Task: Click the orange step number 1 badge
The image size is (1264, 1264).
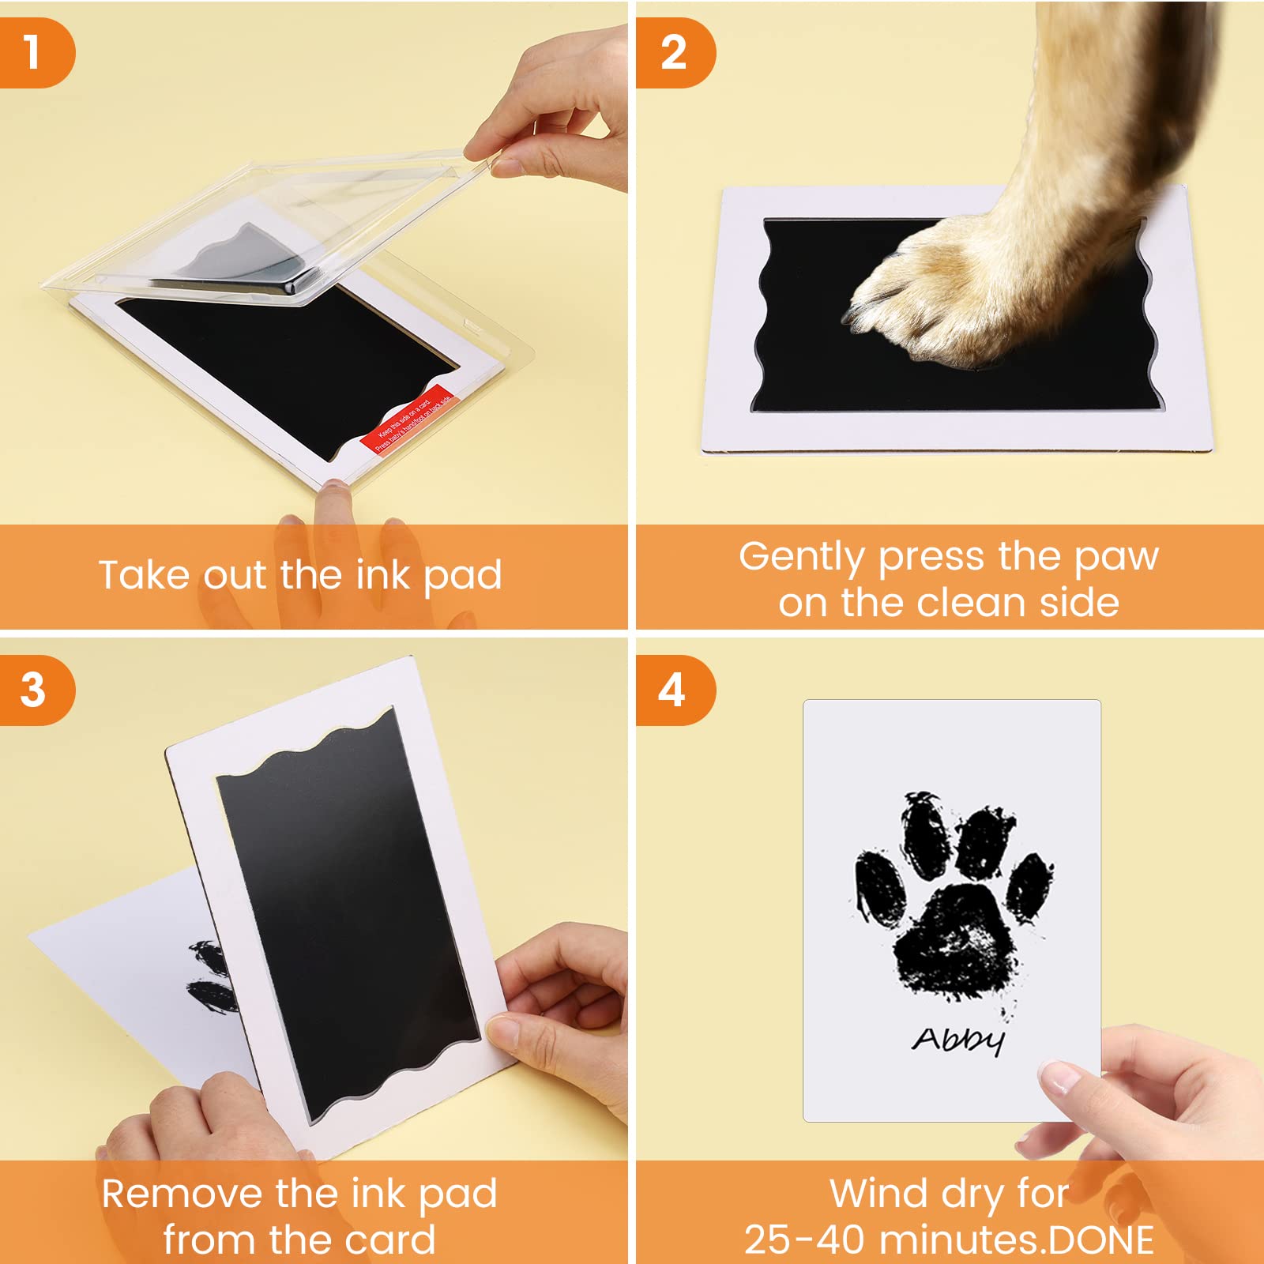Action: pos(33,53)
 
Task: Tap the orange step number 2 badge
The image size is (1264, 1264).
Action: pos(674,53)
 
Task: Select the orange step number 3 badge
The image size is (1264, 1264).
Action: pos(33,690)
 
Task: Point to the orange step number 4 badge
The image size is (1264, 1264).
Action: pos(672,690)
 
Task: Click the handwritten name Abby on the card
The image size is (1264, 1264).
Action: pos(958,1040)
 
